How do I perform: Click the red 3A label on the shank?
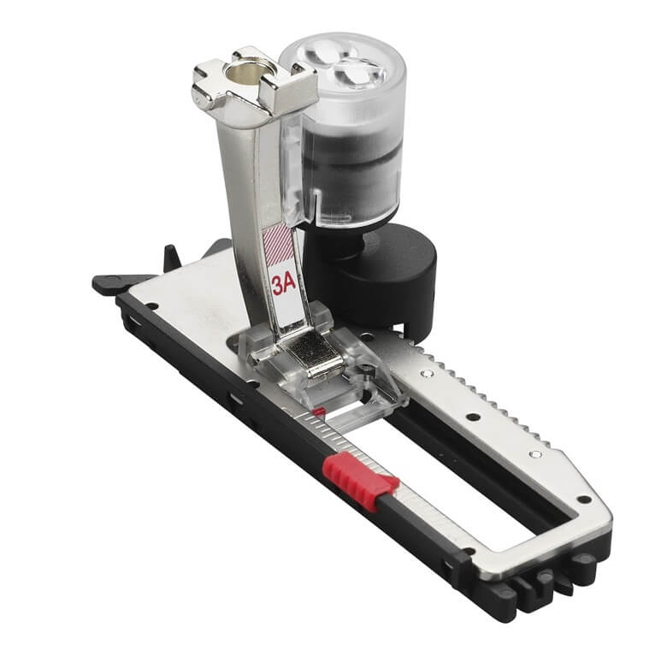tap(284, 286)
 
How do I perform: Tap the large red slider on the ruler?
tap(361, 480)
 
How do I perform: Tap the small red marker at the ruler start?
tap(318, 411)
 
